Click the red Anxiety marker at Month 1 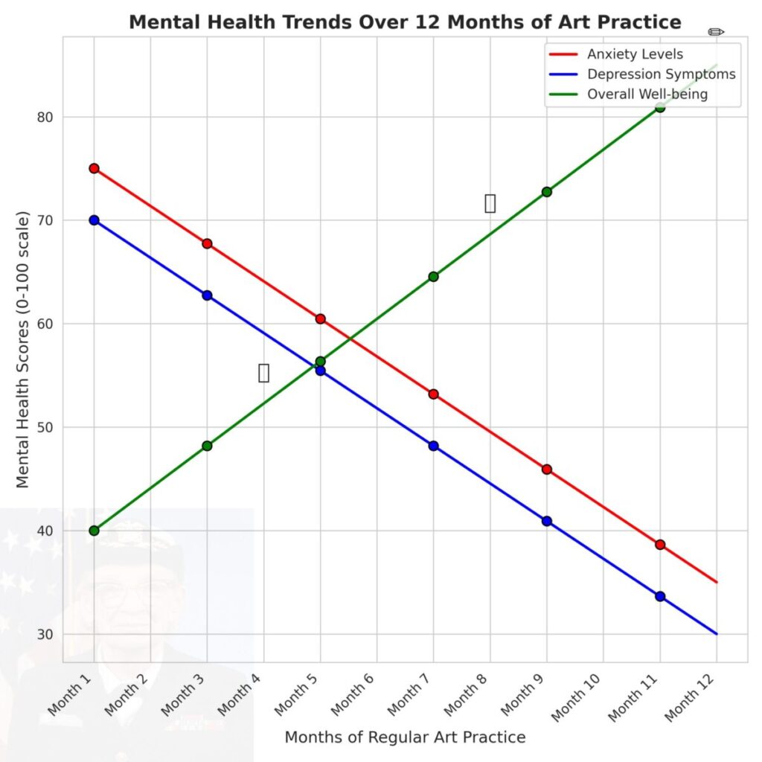tap(94, 168)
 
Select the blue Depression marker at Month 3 tap(207, 295)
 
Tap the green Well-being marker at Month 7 tap(433, 277)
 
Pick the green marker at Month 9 tap(546, 192)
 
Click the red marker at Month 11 tap(659, 545)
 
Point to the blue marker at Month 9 tap(546, 521)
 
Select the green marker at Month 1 tap(94, 531)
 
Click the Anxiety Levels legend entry tap(635, 54)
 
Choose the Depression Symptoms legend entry tap(661, 74)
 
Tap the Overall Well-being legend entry tap(647, 95)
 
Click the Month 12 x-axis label tap(692, 696)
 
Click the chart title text tap(405, 22)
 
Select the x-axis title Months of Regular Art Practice tap(405, 737)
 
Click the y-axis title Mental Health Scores tap(22, 350)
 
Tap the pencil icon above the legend tap(716, 32)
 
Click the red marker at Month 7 tap(433, 394)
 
